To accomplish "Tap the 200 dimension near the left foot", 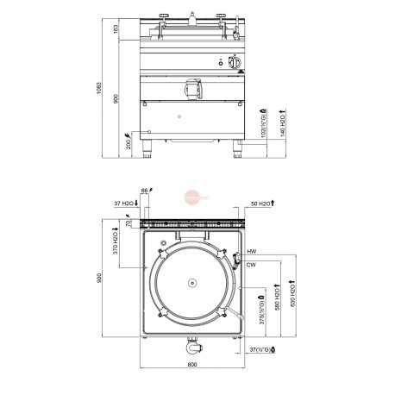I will tap(129, 141).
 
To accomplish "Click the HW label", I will tap(251, 251).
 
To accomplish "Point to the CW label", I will tap(251, 265).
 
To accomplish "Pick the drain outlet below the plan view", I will tap(191, 348).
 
